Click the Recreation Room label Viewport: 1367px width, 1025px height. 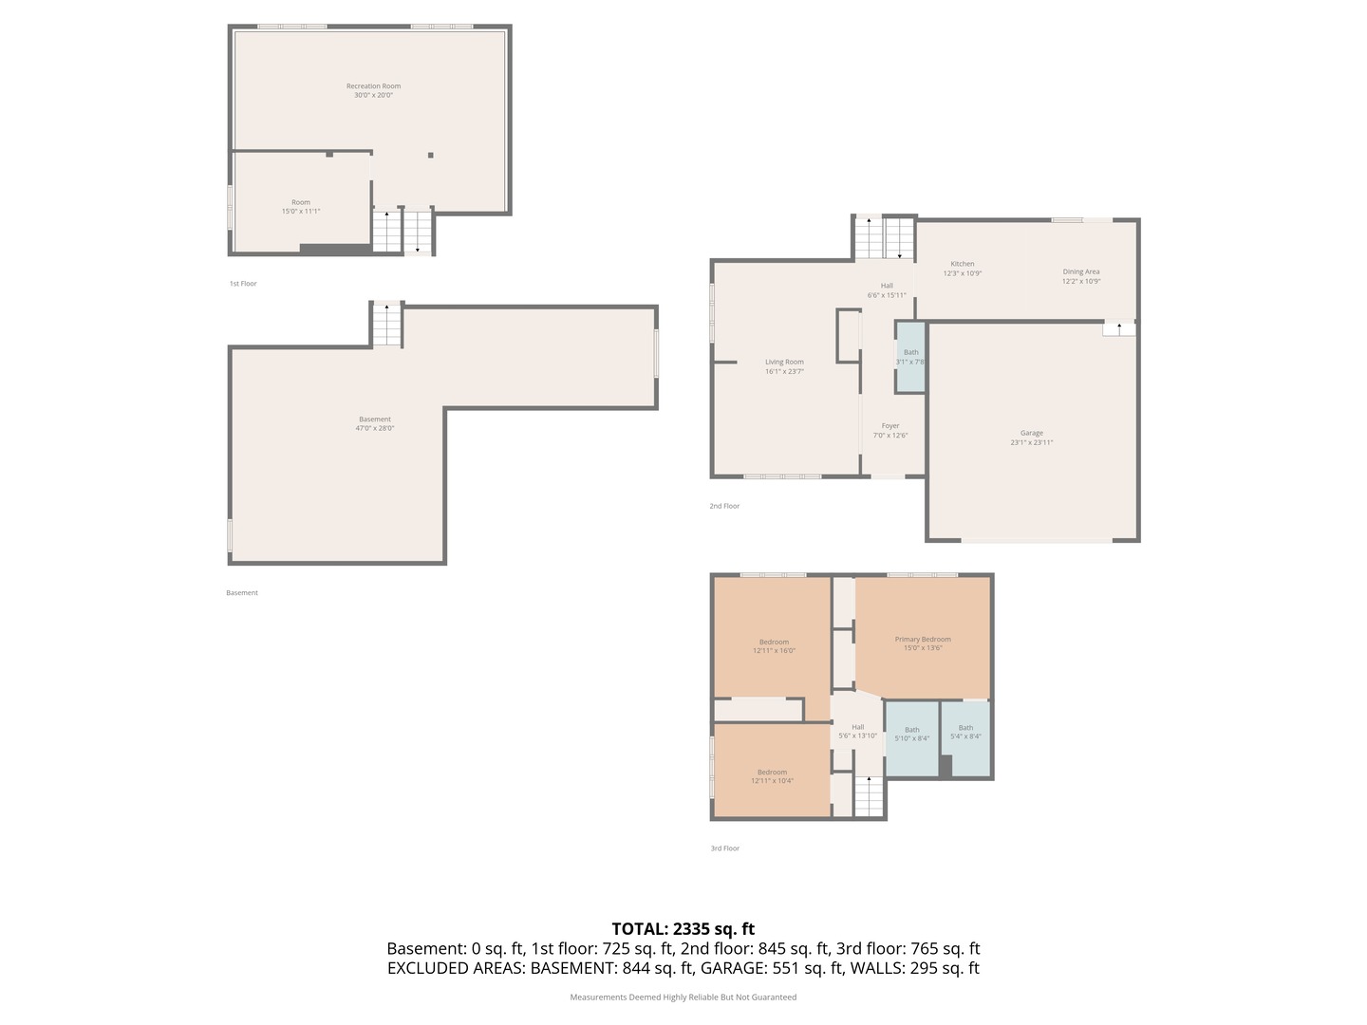coord(373,86)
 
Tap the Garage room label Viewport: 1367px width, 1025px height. coord(1031,434)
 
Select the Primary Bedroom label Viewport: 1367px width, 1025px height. coord(922,640)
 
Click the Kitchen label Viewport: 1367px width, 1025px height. coord(962,264)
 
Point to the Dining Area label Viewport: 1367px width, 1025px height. coord(1080,272)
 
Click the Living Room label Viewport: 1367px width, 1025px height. coord(784,363)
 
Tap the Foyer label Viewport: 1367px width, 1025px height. coord(889,426)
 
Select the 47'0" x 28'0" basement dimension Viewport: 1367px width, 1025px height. coord(374,429)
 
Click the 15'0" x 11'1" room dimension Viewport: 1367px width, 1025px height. coord(300,212)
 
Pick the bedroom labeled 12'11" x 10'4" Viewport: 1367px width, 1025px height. coord(772,776)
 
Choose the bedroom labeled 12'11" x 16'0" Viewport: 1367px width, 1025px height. coord(774,646)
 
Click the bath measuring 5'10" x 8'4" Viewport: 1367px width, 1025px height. coord(911,734)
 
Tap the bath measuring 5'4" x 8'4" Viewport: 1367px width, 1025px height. coord(965,732)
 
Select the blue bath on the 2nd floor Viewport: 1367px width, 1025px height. coord(910,357)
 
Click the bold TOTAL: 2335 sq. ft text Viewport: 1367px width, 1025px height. coord(683,929)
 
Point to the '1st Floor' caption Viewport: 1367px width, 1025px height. coord(243,284)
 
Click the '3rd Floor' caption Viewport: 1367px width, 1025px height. coord(724,848)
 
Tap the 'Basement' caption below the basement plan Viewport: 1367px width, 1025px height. coord(242,593)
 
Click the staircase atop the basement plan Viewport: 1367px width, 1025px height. coord(386,325)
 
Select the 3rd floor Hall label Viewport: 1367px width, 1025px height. coord(857,727)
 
